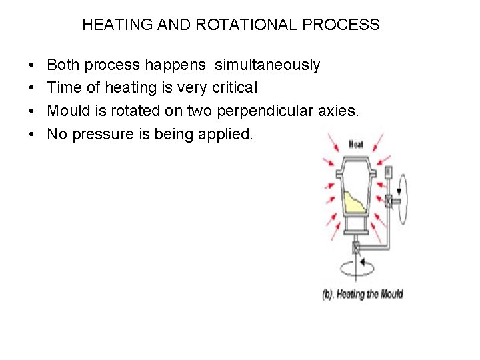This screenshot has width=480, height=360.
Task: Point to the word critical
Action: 232,88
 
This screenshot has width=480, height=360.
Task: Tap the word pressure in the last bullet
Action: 99,134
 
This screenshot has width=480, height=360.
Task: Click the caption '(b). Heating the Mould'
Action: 363,294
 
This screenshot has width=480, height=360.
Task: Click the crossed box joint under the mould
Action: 356,248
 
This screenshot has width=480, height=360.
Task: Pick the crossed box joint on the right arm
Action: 389,200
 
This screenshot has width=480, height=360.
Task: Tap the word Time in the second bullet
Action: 63,88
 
